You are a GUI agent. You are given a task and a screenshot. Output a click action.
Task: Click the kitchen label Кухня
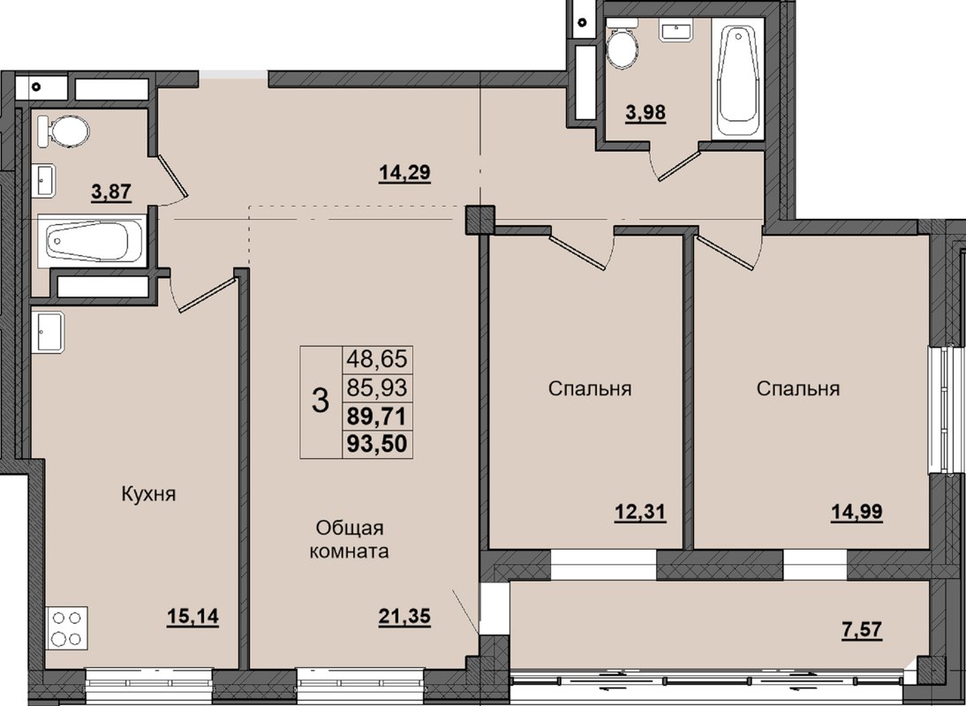(x=148, y=494)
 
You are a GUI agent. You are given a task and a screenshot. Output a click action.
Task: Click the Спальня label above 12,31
(x=590, y=388)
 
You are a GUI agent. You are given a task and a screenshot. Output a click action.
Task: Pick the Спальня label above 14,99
(x=797, y=388)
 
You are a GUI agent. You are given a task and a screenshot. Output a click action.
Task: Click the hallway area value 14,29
(x=404, y=173)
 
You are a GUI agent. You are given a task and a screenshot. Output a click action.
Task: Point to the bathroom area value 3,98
(x=645, y=112)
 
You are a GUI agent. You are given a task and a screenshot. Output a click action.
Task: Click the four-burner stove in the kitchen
(x=66, y=628)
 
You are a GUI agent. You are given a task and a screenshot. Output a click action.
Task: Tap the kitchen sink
(x=49, y=332)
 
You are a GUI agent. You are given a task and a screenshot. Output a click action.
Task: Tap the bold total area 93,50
(x=378, y=444)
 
